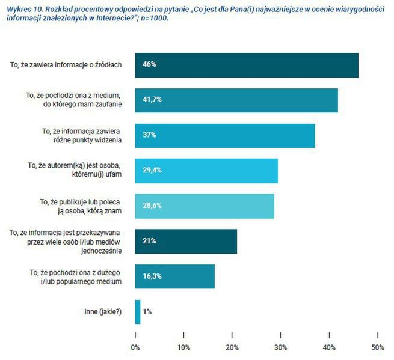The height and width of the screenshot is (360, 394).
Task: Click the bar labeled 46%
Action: click(247, 65)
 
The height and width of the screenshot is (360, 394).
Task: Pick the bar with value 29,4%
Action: click(206, 171)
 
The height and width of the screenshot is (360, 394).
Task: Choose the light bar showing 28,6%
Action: click(205, 206)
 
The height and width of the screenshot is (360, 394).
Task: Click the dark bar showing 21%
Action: click(186, 241)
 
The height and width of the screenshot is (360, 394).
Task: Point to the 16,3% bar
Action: click(174, 276)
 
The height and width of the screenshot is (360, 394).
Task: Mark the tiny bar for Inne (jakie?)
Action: click(138, 311)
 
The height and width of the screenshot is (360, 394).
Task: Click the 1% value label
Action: click(147, 312)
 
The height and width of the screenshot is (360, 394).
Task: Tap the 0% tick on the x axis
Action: click(135, 347)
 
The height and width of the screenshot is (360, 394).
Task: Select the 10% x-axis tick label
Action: click(184, 347)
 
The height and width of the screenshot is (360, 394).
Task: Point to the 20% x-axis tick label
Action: click(232, 347)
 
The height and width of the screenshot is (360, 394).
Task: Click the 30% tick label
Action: click(281, 347)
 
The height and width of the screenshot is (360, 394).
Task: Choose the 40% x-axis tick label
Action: click(329, 347)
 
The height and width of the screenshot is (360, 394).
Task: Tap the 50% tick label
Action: click(378, 347)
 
